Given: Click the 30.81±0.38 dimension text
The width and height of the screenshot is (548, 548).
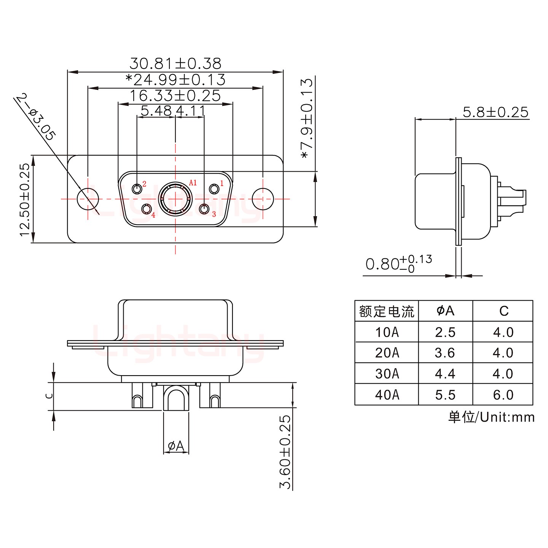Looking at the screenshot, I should tap(175, 63).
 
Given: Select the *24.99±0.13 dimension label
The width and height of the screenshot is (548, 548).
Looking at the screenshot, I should tap(175, 80).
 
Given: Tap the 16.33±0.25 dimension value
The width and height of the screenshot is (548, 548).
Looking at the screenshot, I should tap(175, 96).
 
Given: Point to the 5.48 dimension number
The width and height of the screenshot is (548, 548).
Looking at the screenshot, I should tap(156, 111).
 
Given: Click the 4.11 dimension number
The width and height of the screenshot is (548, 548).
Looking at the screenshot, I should tap(191, 111).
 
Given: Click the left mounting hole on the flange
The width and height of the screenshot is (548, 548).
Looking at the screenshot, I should tap(88, 199).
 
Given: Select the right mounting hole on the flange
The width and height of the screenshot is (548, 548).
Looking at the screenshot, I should tap(263, 199).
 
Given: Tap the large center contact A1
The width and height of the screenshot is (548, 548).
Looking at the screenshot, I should tap(175, 199).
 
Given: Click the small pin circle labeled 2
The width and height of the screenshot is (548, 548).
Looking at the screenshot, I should tap(137, 189).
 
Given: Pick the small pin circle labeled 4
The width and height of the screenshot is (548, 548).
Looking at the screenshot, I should tap(146, 209).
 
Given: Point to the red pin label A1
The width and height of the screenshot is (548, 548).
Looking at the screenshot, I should tap(193, 183).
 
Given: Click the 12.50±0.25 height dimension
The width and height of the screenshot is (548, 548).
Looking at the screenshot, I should tap(25, 199).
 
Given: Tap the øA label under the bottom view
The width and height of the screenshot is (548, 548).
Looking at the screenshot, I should tap(176, 446).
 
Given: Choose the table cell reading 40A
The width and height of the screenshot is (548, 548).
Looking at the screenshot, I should tap(387, 395).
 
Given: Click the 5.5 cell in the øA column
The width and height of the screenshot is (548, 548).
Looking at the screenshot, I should tap(445, 395).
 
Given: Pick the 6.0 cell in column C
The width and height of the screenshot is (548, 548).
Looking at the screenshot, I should tap(503, 395).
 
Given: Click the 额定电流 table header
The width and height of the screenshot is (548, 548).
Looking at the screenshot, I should tap(387, 311).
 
